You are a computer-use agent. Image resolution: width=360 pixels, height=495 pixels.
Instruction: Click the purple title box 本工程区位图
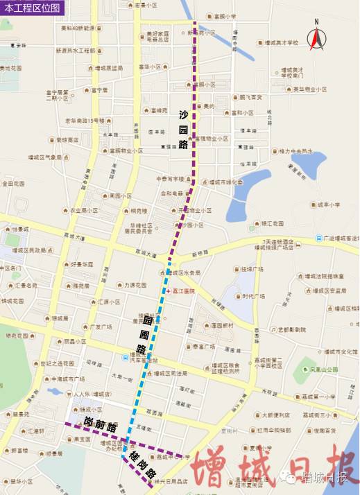click(x=33, y=8)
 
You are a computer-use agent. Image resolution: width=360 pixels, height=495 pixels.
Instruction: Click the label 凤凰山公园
click(x=323, y=370)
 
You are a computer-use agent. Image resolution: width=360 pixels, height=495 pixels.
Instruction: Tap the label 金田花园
click(x=13, y=184)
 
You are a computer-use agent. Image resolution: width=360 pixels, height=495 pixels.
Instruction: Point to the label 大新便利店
click(x=275, y=416)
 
